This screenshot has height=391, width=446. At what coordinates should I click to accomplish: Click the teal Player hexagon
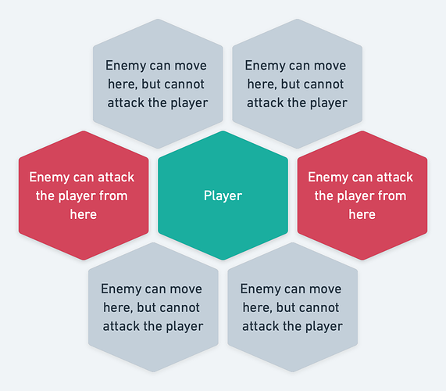(223, 195)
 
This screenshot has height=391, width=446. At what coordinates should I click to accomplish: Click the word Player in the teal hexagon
(223, 196)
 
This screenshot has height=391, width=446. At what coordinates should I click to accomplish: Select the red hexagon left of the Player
(84, 195)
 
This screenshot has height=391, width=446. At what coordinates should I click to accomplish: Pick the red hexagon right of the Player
(362, 195)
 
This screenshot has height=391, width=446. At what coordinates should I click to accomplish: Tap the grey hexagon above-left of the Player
(158, 84)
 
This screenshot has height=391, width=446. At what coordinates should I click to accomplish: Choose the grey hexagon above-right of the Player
(298, 84)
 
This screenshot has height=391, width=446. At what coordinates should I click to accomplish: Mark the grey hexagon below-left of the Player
(153, 307)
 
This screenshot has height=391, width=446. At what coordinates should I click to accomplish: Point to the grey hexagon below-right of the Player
(293, 307)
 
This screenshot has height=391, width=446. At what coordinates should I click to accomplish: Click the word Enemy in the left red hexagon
(49, 178)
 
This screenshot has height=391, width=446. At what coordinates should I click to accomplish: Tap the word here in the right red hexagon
(362, 214)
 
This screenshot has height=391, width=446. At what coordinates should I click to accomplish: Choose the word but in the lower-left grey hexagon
(147, 307)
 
